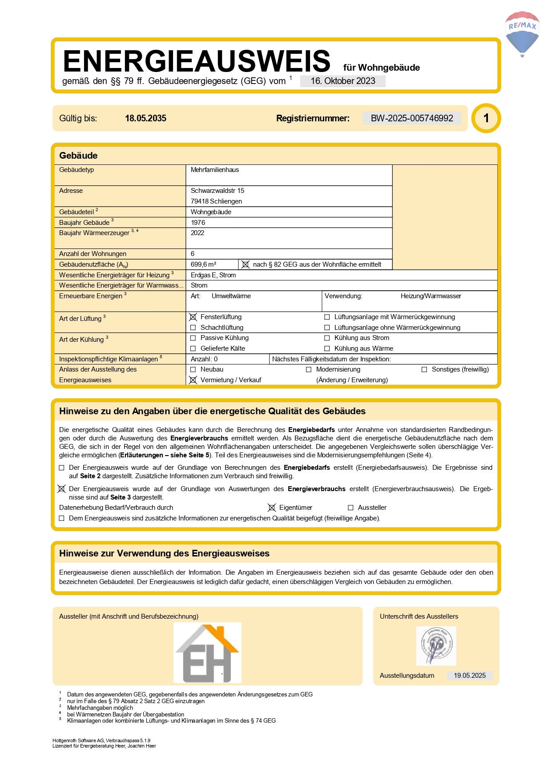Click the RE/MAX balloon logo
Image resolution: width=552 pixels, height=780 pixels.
coord(522,34)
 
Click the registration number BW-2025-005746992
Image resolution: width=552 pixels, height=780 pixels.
coord(411,118)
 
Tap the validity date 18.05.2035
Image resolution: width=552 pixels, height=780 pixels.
coord(145,118)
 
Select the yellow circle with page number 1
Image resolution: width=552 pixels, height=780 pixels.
coord(486,118)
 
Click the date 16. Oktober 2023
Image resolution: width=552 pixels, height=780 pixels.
coord(342,81)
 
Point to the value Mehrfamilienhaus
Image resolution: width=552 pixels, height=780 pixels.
coord(215,170)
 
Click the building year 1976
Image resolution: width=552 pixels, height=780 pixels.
coord(198,223)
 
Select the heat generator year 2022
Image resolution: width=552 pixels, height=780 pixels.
coord(197,233)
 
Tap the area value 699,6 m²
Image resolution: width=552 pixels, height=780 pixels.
coord(203,264)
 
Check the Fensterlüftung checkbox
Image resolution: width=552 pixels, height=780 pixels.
coord(193,317)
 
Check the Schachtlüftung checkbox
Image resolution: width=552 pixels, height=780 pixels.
coord(193,328)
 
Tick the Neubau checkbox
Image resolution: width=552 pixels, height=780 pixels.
coord(193,369)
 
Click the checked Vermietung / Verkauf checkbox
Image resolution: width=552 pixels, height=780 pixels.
coord(193,380)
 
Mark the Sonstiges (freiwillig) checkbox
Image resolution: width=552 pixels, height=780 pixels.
coord(424,369)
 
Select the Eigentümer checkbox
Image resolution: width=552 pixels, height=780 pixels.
coord(272,508)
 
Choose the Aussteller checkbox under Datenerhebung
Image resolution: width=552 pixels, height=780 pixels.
coord(351,508)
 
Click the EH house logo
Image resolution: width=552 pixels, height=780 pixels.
coord(207,652)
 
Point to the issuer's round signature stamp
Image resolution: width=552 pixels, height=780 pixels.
coord(436,646)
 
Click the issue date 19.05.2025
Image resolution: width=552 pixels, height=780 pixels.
coord(470,676)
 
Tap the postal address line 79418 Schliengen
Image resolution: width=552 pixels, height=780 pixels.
coord(216,201)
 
